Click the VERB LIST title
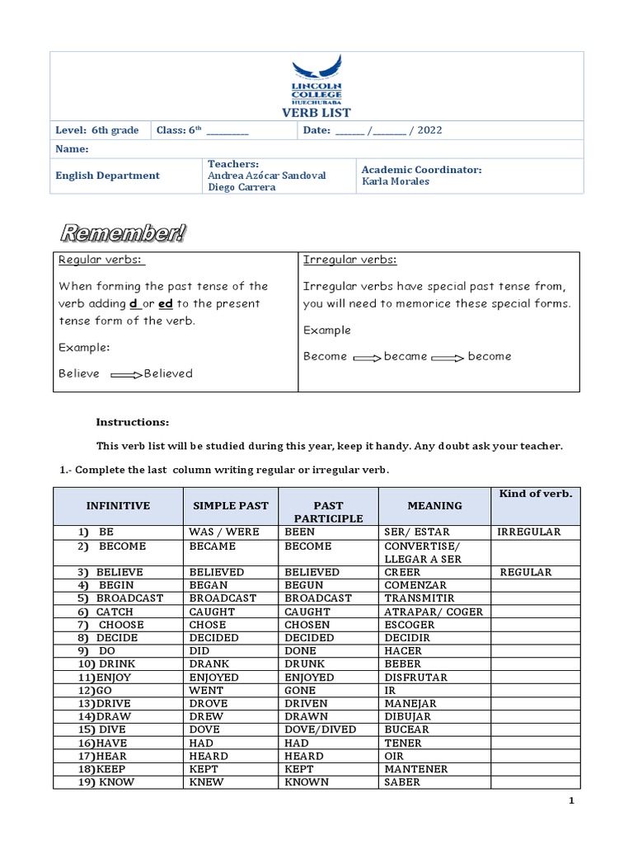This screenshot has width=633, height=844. click(316, 112)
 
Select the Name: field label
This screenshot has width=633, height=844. click(71, 149)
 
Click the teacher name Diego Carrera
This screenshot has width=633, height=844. click(241, 187)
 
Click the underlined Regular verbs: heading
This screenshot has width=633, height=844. click(101, 260)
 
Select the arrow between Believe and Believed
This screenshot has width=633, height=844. click(126, 374)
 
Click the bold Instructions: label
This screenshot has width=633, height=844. click(132, 422)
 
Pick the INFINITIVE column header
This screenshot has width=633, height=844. click(118, 506)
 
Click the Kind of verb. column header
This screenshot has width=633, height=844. click(535, 494)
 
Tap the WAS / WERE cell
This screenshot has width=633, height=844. click(223, 532)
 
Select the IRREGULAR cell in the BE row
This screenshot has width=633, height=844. click(528, 532)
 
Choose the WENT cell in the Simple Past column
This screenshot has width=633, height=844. click(206, 690)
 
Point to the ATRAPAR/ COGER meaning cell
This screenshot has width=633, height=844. click(434, 612)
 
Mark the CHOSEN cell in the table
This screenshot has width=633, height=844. click(307, 625)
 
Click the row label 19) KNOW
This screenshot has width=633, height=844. click(106, 782)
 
